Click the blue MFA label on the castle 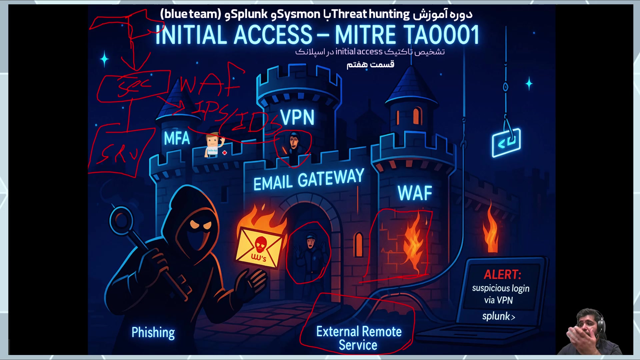[177, 138]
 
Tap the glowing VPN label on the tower [297, 117]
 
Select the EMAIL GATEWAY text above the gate [309, 180]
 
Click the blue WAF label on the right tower [415, 193]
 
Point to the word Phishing [153, 332]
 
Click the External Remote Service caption [359, 338]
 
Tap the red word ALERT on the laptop [502, 274]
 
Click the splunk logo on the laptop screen [498, 316]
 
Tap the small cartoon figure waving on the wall [213, 145]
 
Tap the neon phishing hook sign [506, 142]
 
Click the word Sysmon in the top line [299, 14]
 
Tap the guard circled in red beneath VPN [293, 145]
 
